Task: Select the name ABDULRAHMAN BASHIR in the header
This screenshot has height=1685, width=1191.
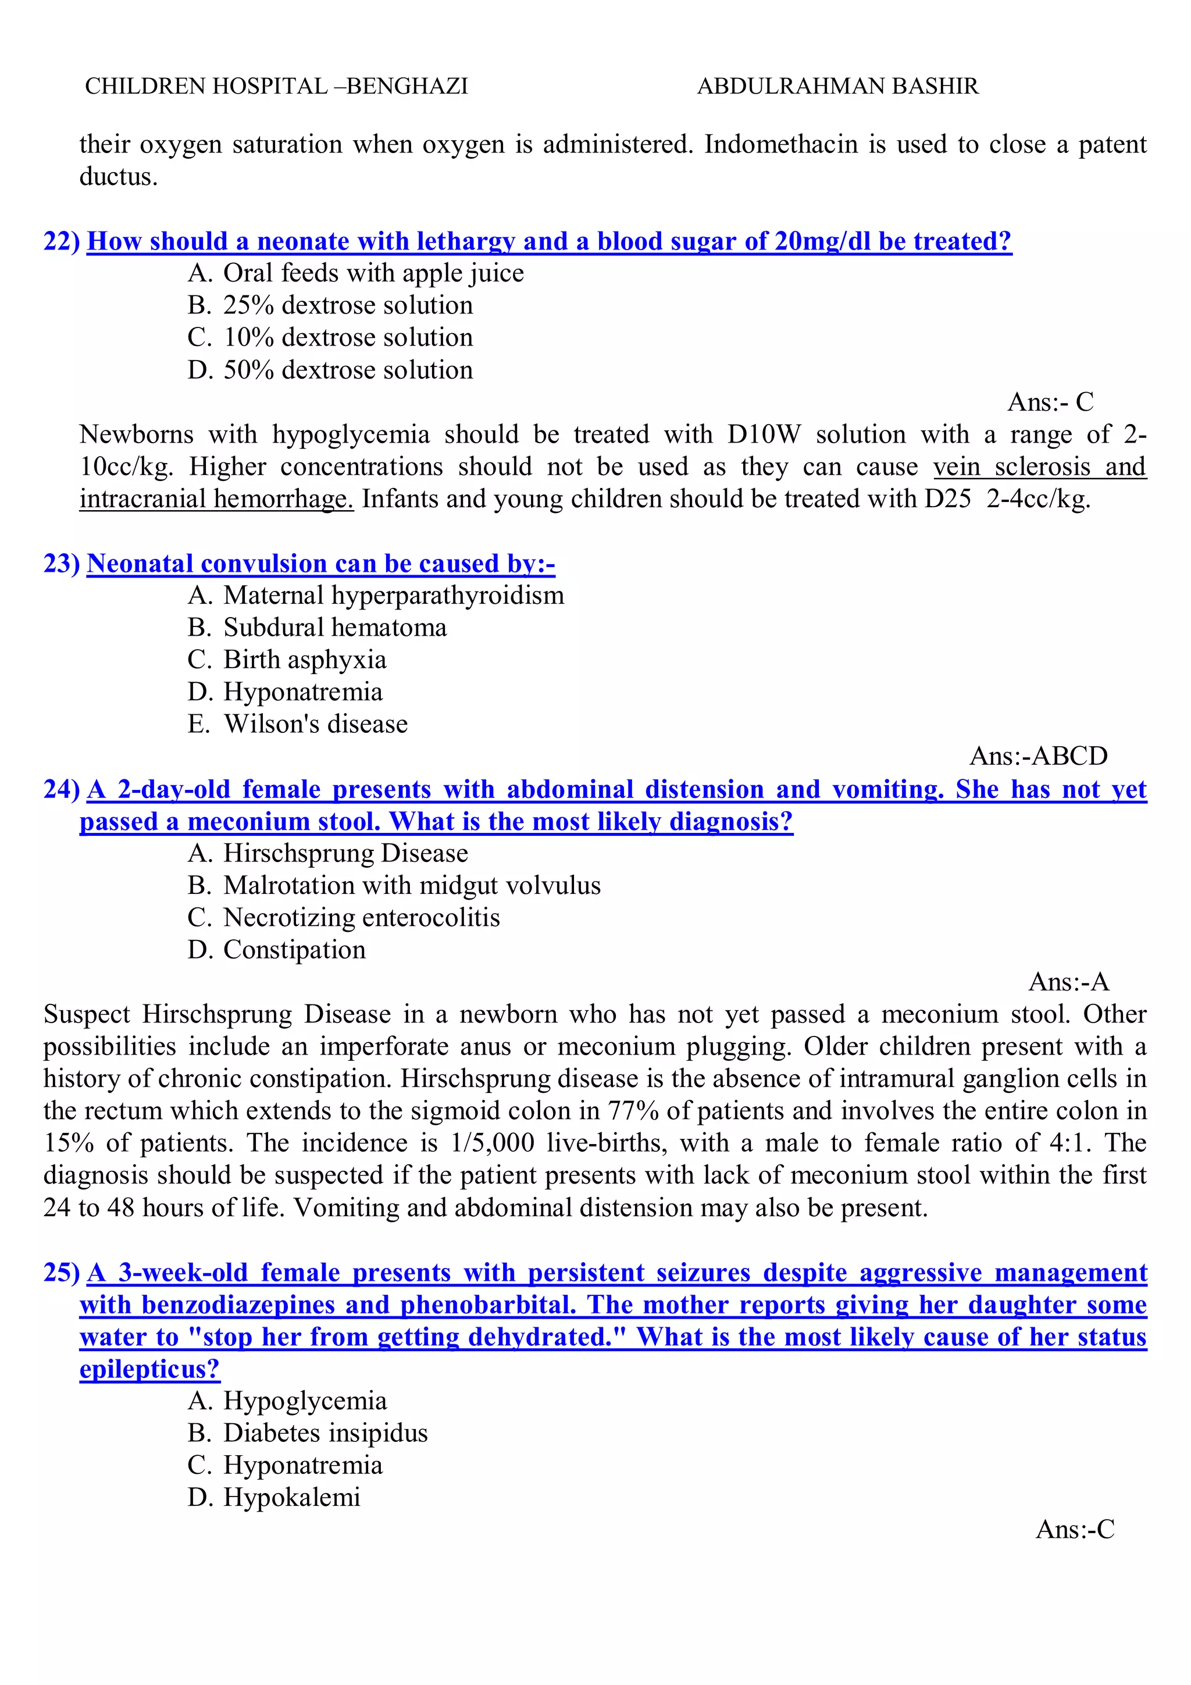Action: pos(837,87)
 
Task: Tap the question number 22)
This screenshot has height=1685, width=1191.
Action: pos(62,241)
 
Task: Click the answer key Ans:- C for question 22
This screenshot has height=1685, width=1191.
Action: pos(1050,402)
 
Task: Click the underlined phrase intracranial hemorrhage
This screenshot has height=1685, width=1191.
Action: pos(216,499)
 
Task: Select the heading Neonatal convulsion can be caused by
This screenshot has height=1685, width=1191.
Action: pos(320,564)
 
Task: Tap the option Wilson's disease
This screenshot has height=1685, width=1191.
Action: pos(316,724)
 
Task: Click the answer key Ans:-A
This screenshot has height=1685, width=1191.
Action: pos(1068,982)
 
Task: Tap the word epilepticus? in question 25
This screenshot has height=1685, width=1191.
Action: pos(149,1369)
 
